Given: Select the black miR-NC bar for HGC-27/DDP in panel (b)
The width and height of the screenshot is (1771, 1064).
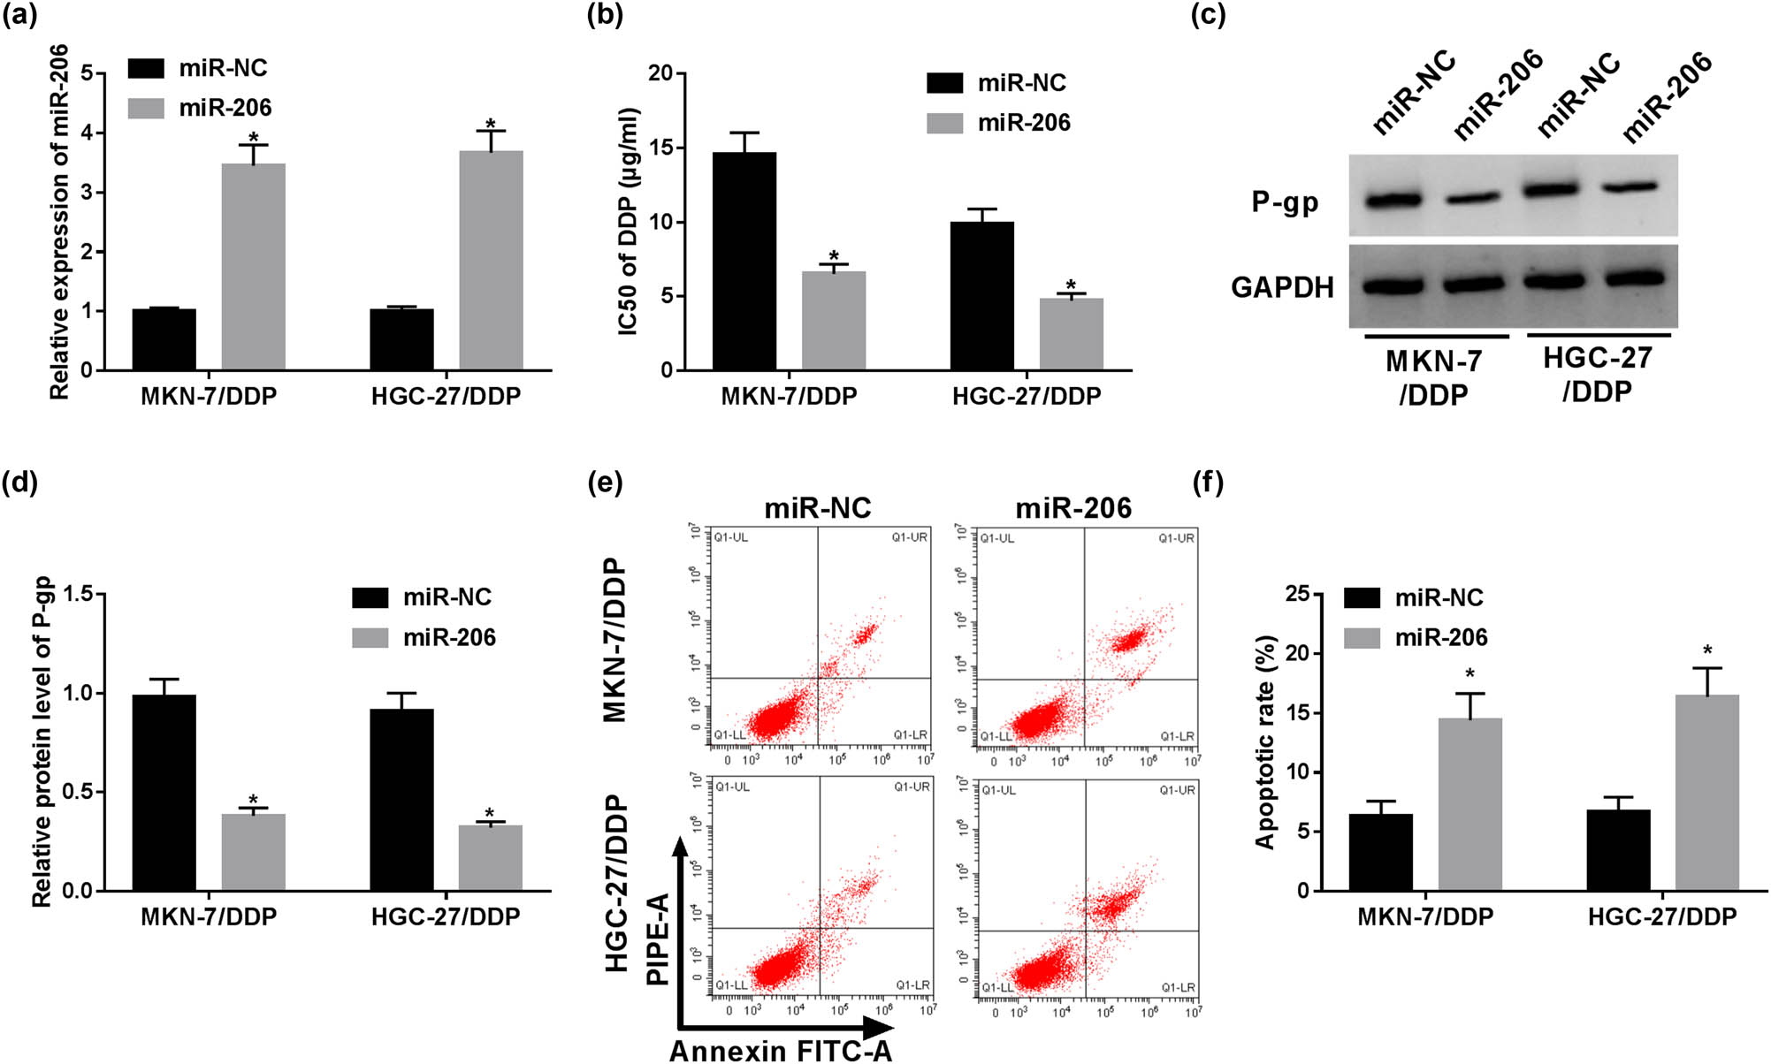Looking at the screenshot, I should pyautogui.click(x=981, y=296).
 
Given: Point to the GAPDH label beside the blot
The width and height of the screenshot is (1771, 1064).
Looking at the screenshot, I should pyautogui.click(x=1282, y=287).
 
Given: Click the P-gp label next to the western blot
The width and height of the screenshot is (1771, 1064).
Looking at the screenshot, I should pyautogui.click(x=1285, y=202).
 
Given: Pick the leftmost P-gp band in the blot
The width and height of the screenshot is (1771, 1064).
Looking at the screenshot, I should pyautogui.click(x=1393, y=200).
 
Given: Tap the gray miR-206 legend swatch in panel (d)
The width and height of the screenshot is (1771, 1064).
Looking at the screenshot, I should pyautogui.click(x=370, y=637).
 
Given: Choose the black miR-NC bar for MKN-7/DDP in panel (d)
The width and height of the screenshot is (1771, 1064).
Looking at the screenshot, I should pyautogui.click(x=164, y=793).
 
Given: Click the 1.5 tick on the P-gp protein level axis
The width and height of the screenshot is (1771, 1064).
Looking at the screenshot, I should pyautogui.click(x=78, y=594).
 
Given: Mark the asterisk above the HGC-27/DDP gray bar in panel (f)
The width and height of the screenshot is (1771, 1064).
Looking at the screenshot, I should pyautogui.click(x=1707, y=652).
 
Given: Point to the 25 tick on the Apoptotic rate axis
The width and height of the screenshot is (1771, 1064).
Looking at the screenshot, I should pyautogui.click(x=1298, y=594).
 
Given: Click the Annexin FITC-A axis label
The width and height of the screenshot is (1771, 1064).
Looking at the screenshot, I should pyautogui.click(x=781, y=1051).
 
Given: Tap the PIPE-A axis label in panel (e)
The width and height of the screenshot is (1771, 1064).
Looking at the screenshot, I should pyautogui.click(x=657, y=939).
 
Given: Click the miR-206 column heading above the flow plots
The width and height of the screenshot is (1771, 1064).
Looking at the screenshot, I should pyautogui.click(x=1073, y=508).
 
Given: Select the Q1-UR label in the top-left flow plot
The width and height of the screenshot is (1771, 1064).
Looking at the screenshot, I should pyautogui.click(x=909, y=537).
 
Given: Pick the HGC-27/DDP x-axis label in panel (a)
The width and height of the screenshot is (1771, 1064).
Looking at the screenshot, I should pyautogui.click(x=446, y=396).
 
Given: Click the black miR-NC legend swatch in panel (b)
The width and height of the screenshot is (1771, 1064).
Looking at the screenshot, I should pyautogui.click(x=944, y=83).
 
